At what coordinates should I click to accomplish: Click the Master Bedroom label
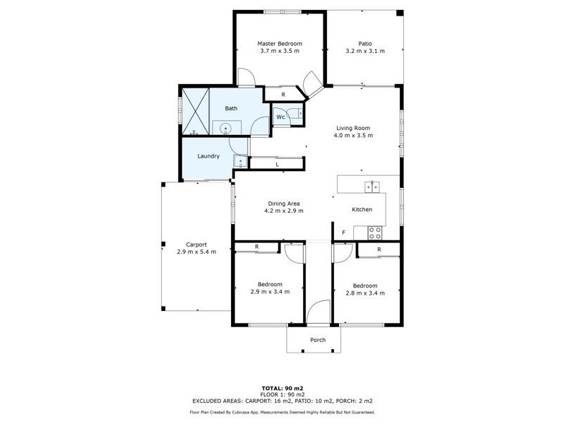click(280, 44)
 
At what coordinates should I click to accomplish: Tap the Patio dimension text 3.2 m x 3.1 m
click(364, 52)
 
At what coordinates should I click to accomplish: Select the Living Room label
click(354, 128)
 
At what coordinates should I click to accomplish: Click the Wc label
click(280, 117)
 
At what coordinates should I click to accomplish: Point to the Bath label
click(231, 108)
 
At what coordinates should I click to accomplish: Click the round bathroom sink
click(225, 128)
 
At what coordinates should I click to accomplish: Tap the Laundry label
click(208, 156)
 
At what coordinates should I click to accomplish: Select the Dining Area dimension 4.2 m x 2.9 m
click(283, 211)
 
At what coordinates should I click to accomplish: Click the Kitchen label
click(362, 210)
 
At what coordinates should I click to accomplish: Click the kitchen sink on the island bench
click(371, 187)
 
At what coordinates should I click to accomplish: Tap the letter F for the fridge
click(344, 232)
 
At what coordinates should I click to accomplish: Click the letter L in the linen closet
click(277, 164)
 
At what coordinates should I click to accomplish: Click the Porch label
click(318, 340)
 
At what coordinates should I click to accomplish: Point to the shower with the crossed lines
click(196, 111)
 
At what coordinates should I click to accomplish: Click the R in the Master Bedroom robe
click(282, 94)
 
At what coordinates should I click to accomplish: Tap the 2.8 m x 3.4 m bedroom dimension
click(365, 293)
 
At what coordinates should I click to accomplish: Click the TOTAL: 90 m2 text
click(282, 389)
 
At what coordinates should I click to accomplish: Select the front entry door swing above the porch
click(319, 312)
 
